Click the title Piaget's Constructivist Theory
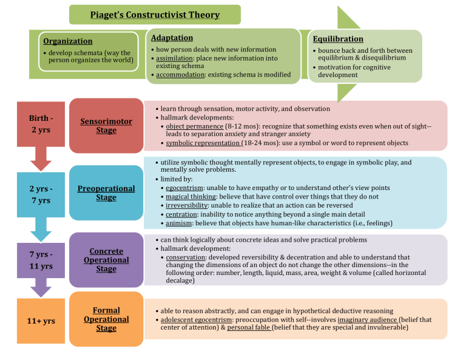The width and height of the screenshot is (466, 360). [x=155, y=15]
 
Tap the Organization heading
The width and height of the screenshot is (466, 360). [x=68, y=41]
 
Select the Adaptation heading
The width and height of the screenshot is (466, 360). [x=172, y=38]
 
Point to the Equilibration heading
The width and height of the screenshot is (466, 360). [x=338, y=39]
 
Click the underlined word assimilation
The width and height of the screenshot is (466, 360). [x=174, y=58]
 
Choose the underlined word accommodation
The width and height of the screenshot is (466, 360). [x=181, y=75]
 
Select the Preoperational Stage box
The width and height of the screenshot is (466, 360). [x=106, y=193]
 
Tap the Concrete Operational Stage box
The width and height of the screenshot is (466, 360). [x=106, y=260]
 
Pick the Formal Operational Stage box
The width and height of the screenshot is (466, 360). [x=106, y=319]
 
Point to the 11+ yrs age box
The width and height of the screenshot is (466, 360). [x=41, y=321]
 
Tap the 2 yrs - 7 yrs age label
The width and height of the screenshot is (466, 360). [x=40, y=194]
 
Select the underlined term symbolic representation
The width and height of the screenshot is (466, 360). [x=203, y=143]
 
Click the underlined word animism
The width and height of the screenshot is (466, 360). [x=180, y=223]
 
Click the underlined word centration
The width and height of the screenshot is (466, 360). [x=181, y=214]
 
